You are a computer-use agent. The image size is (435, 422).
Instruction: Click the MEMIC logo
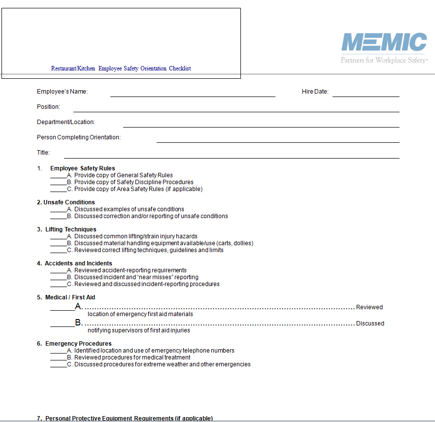click(x=384, y=42)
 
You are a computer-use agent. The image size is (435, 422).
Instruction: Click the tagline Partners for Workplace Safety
click(x=384, y=60)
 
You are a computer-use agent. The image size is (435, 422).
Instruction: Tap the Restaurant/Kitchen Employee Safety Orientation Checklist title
click(x=121, y=68)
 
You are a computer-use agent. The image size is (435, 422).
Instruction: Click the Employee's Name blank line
click(x=192, y=96)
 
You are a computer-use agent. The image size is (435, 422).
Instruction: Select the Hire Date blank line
click(x=366, y=96)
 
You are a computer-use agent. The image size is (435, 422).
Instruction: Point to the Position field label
click(x=48, y=107)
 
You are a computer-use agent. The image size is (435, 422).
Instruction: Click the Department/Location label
click(x=66, y=122)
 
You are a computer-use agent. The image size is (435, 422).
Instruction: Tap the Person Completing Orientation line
click(x=277, y=142)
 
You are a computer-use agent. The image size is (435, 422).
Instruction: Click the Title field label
click(x=43, y=153)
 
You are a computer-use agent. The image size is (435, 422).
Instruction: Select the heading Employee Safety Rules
click(x=83, y=168)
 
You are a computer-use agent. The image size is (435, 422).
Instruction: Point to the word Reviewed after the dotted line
click(x=369, y=307)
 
